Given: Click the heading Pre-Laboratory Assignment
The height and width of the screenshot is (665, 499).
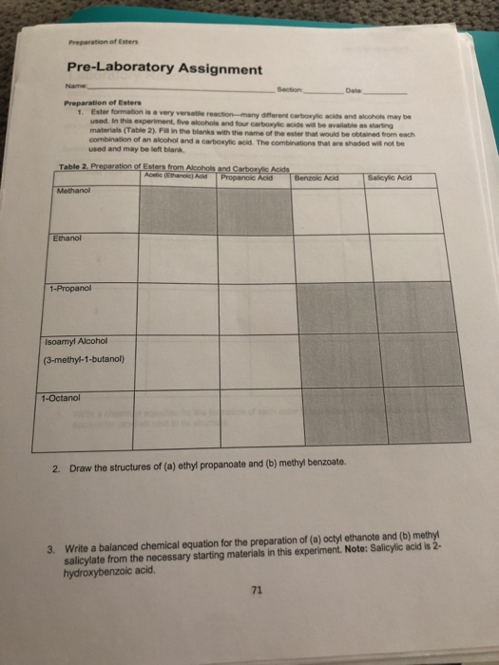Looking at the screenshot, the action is point(163,69).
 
